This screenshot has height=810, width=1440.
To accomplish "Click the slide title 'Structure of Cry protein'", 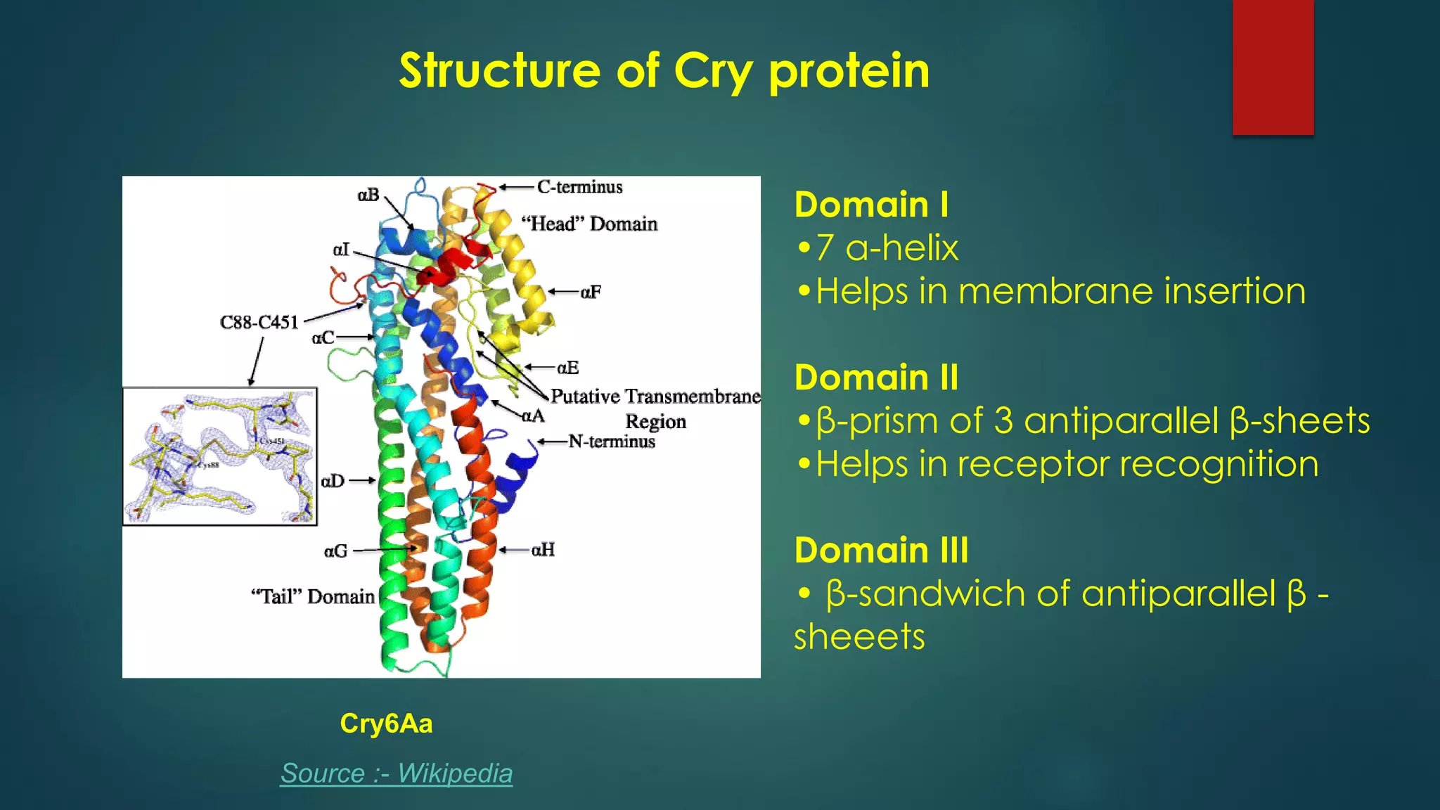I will coord(664,71).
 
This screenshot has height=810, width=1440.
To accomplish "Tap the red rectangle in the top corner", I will coord(1273,67).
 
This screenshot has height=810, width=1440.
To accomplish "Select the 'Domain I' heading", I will coord(871,205).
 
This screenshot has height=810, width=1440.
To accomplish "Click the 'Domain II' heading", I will coord(876,378).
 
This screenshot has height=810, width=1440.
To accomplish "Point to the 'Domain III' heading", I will coord(881,550).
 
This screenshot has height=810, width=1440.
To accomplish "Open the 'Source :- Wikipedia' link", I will coord(397,773).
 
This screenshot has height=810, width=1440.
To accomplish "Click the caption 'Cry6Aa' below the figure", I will coord(386,724).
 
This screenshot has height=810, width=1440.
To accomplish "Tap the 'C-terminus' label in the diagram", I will coord(579,187).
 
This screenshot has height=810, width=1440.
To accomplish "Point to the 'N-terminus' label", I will coord(611,442).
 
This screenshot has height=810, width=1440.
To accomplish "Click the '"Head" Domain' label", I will coord(589,224).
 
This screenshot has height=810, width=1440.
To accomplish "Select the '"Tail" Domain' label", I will coord(313,596).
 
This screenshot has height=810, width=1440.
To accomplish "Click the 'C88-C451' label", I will coord(259,322).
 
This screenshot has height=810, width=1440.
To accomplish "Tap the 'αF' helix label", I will coord(591,292).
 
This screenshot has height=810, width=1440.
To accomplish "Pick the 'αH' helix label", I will coord(543,550).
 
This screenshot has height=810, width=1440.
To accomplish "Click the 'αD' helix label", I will coord(333,481).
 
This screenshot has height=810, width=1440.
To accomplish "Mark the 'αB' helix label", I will coord(368,195).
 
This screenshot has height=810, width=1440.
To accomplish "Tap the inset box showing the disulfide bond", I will coord(220,456).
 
